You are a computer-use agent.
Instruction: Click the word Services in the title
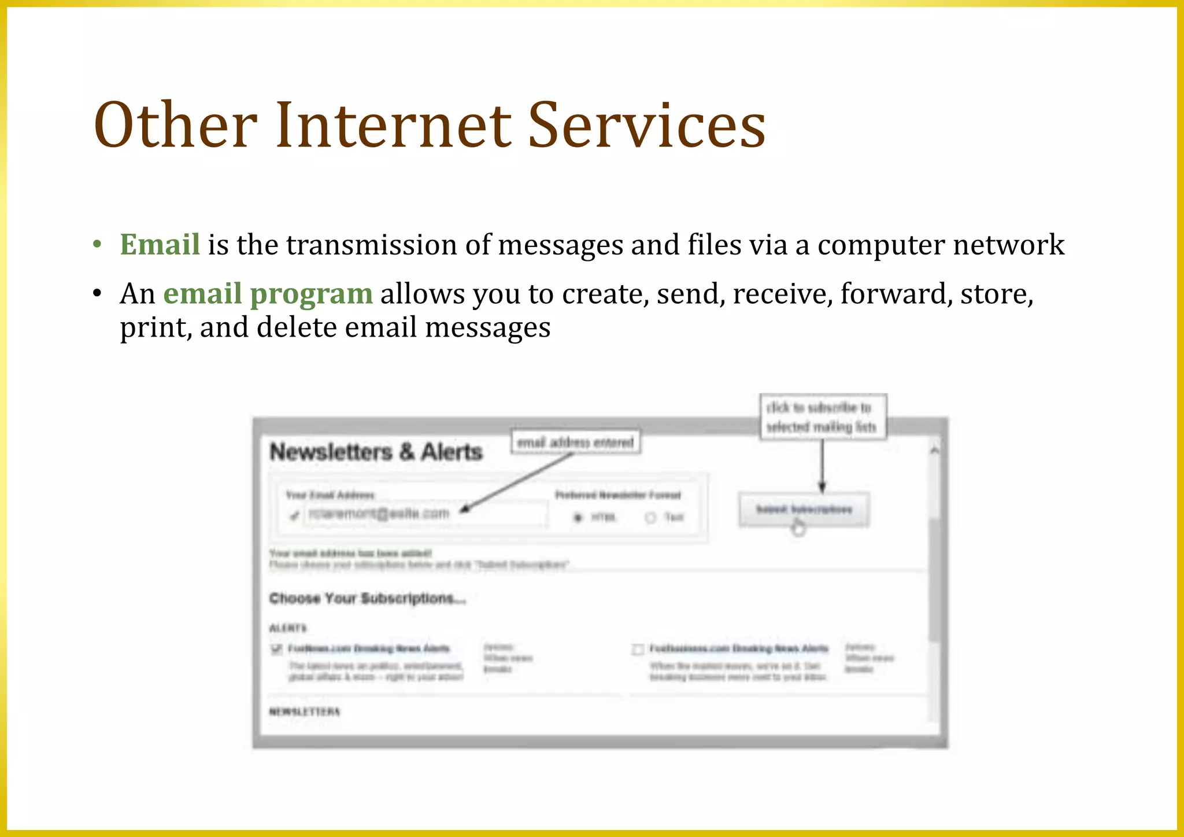tap(646, 125)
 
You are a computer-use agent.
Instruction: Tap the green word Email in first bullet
tap(160, 244)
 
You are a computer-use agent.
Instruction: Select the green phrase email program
tap(268, 293)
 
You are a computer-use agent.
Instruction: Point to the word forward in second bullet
tap(896, 293)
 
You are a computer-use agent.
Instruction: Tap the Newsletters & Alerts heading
tap(376, 452)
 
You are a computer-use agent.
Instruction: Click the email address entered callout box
tap(575, 443)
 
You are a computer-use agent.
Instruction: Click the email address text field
tap(425, 514)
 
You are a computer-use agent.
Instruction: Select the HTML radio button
tap(578, 517)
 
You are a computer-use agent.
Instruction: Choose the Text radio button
tap(651, 517)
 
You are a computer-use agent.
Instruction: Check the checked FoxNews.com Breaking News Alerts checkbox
tap(276, 648)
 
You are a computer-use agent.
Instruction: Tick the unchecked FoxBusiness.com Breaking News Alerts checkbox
tap(638, 649)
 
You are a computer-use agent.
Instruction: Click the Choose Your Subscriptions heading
tap(367, 598)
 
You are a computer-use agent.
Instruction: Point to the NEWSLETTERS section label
tap(305, 711)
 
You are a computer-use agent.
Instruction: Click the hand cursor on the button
tap(798, 527)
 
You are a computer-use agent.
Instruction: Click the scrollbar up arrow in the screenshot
tap(934, 450)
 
